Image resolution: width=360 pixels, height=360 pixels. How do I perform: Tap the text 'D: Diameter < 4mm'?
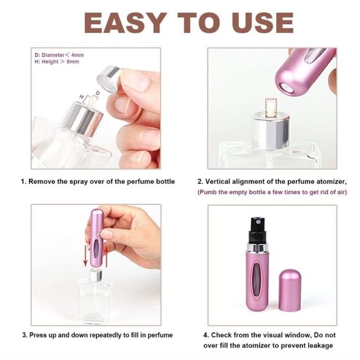click(60, 55)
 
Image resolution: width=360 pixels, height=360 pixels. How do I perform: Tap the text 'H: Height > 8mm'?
click(57, 63)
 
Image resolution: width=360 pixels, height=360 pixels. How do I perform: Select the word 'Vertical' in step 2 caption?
click(222, 182)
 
